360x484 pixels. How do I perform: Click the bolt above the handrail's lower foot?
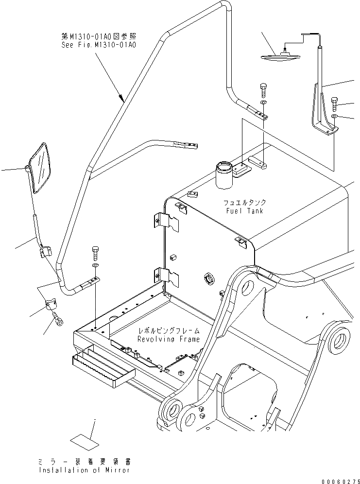click(96, 253)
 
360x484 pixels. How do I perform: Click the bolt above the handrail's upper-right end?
click(263, 89)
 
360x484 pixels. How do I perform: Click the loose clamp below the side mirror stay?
click(51, 306)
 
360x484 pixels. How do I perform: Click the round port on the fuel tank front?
click(210, 280)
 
